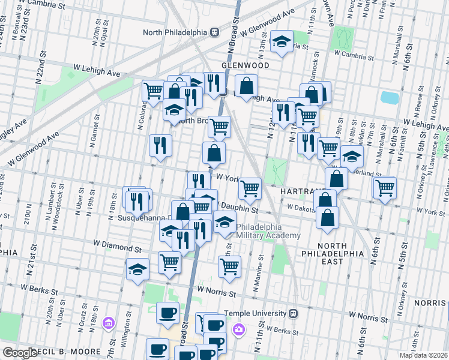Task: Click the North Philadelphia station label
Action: click(175, 32)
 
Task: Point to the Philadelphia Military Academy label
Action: click(268, 231)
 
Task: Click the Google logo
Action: click(20, 353)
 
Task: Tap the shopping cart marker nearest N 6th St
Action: click(384, 188)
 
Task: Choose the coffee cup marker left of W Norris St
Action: click(168, 312)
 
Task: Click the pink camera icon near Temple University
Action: click(239, 328)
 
